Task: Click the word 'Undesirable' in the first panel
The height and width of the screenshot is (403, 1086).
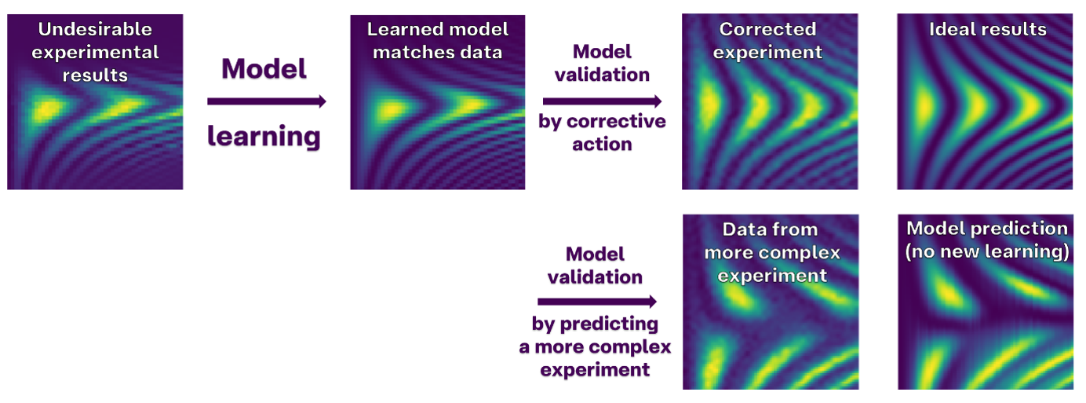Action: (95, 29)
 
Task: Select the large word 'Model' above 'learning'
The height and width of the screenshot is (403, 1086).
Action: (264, 68)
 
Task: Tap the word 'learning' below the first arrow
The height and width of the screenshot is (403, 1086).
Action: (264, 137)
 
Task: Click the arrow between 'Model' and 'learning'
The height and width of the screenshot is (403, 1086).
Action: (267, 101)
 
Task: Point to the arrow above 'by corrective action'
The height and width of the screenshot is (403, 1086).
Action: (602, 101)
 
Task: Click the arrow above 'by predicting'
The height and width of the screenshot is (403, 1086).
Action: (597, 302)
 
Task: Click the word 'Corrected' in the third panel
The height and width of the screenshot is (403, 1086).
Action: (767, 29)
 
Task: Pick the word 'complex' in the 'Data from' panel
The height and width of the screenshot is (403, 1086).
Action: (806, 253)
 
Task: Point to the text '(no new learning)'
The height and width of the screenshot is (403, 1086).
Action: (987, 251)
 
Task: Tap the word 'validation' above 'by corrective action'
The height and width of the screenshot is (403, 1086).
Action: (602, 75)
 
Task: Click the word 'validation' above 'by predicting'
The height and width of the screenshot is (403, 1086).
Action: (595, 277)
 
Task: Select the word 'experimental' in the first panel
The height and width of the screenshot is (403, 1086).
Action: (95, 53)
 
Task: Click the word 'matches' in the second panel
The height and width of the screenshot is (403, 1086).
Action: (406, 52)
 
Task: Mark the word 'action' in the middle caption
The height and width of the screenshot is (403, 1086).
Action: (602, 145)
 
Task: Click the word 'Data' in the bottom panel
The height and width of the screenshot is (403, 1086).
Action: (740, 229)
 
